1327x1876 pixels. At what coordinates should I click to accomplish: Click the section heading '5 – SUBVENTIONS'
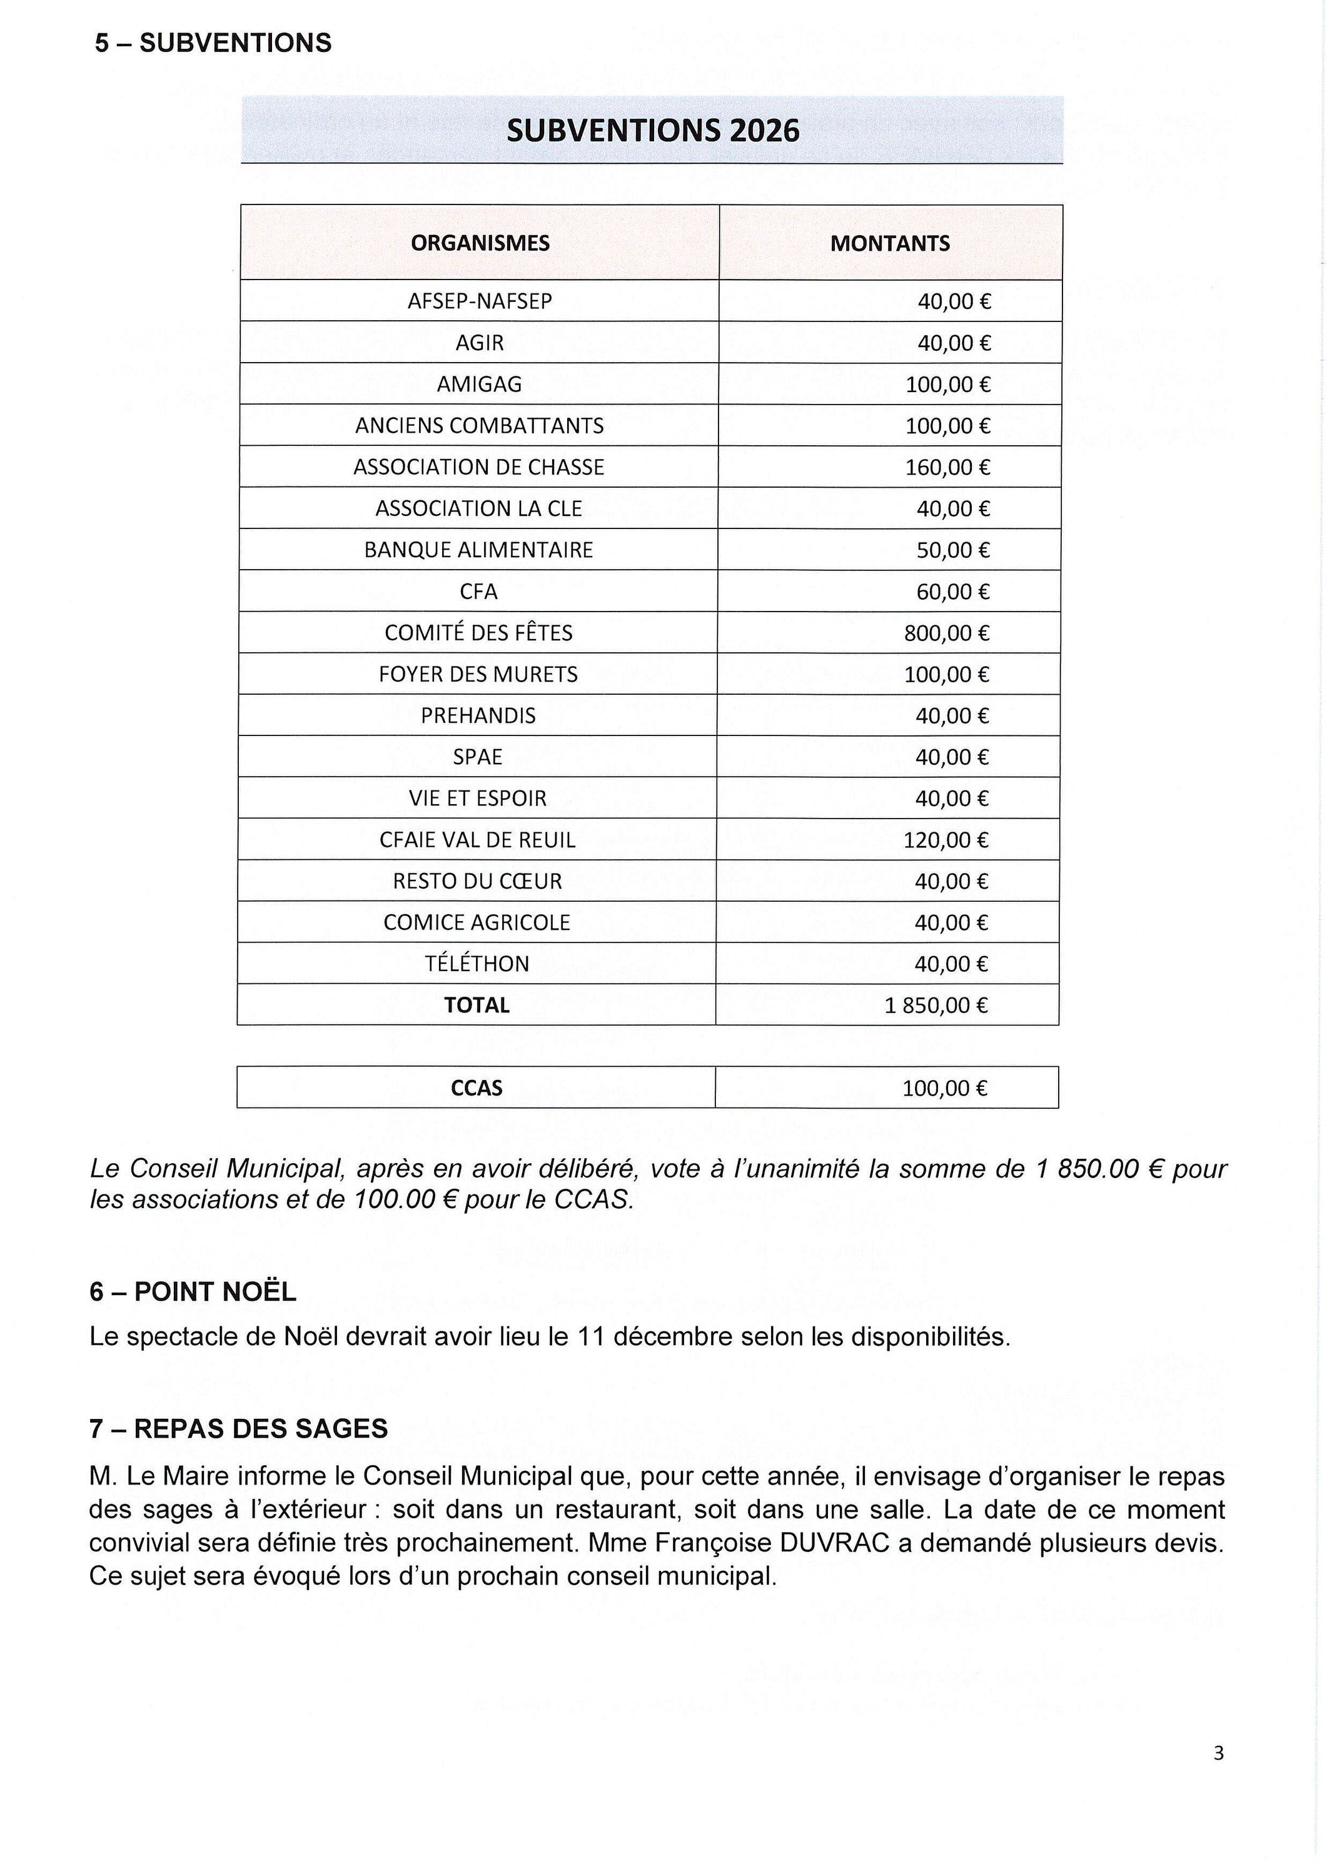(x=213, y=43)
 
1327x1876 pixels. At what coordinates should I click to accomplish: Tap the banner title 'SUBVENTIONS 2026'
(x=652, y=131)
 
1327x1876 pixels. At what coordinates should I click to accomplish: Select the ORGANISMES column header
(x=480, y=243)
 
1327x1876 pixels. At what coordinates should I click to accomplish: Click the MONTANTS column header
(x=890, y=243)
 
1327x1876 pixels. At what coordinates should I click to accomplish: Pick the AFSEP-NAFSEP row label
(x=480, y=301)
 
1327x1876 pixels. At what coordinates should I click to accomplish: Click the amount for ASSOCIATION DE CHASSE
(x=947, y=467)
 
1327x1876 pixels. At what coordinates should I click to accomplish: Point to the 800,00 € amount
(x=946, y=633)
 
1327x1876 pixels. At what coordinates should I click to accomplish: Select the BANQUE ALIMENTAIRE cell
(x=479, y=550)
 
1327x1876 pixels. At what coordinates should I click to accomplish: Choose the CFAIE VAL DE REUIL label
(x=477, y=840)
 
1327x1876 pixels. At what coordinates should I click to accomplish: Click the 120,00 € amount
(x=946, y=840)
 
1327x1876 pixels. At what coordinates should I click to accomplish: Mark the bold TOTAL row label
(x=477, y=1005)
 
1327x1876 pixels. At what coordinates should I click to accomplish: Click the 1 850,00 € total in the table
(x=936, y=1005)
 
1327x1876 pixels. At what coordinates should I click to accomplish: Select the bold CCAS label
(x=477, y=1088)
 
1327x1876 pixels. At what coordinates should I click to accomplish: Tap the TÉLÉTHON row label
(x=477, y=964)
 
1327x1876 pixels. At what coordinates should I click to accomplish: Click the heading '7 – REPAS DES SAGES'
(x=239, y=1429)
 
